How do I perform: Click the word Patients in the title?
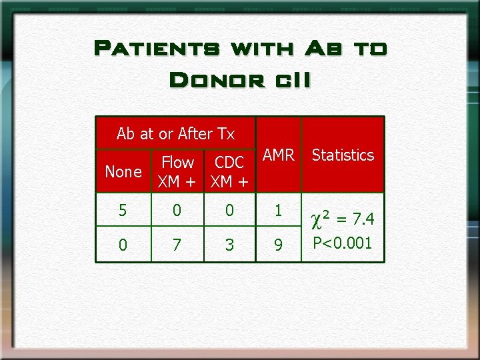[x=157, y=48]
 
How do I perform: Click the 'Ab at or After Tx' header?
[x=175, y=133]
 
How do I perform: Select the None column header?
[x=123, y=171]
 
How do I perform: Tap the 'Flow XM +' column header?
[x=177, y=171]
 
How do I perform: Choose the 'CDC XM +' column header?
[x=229, y=171]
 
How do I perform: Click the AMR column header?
[x=279, y=155]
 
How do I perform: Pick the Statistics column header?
[x=343, y=155]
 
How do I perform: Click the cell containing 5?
[x=123, y=211]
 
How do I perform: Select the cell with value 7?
[x=176, y=245]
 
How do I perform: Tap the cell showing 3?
[x=229, y=245]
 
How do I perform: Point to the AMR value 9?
[x=279, y=245]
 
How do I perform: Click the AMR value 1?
[x=279, y=211]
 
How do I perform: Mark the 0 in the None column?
[x=123, y=245]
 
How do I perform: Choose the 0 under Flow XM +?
[x=176, y=211]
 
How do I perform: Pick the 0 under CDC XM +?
[x=229, y=211]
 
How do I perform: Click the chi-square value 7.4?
[x=364, y=219]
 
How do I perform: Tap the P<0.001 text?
[x=343, y=242]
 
